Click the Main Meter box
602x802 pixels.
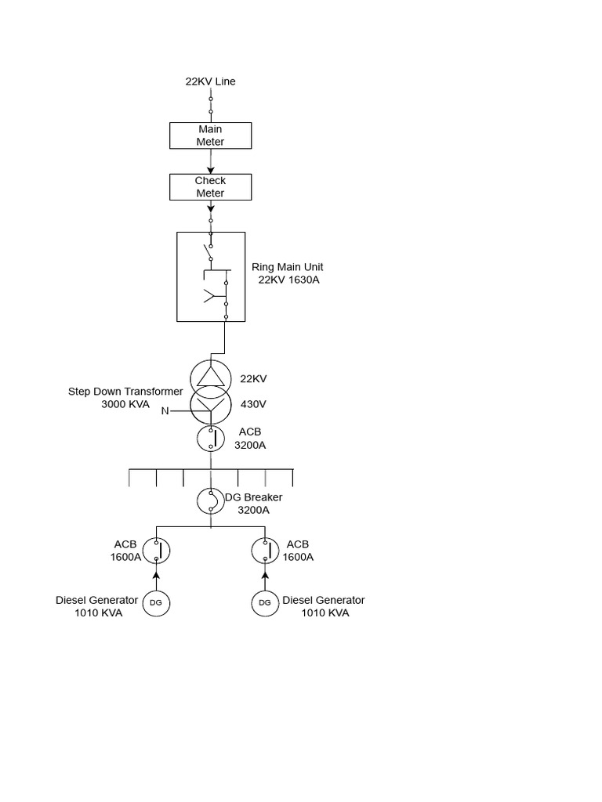click(x=210, y=135)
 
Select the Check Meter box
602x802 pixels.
click(x=210, y=187)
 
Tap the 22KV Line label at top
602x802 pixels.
click(x=210, y=81)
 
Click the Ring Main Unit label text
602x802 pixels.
click(x=288, y=267)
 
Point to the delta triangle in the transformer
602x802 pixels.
click(x=209, y=378)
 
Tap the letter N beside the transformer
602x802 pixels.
click(x=165, y=411)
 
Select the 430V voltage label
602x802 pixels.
click(x=253, y=405)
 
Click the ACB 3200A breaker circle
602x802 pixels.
click(x=210, y=439)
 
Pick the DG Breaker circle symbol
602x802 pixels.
click(x=210, y=501)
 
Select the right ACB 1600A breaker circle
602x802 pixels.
click(x=265, y=551)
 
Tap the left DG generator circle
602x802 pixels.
click(x=156, y=602)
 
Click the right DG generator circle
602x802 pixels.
click(x=265, y=602)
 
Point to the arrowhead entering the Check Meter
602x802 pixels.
click(x=210, y=169)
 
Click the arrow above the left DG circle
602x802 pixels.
click(x=156, y=576)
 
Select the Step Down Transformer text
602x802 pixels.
click(x=125, y=392)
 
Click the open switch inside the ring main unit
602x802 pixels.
click(x=208, y=252)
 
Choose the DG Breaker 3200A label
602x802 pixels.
click(x=253, y=504)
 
